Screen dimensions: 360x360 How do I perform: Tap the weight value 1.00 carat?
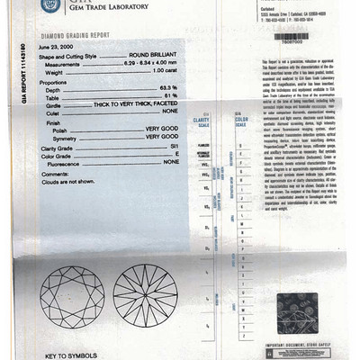164,70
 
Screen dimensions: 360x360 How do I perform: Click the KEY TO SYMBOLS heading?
68,355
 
